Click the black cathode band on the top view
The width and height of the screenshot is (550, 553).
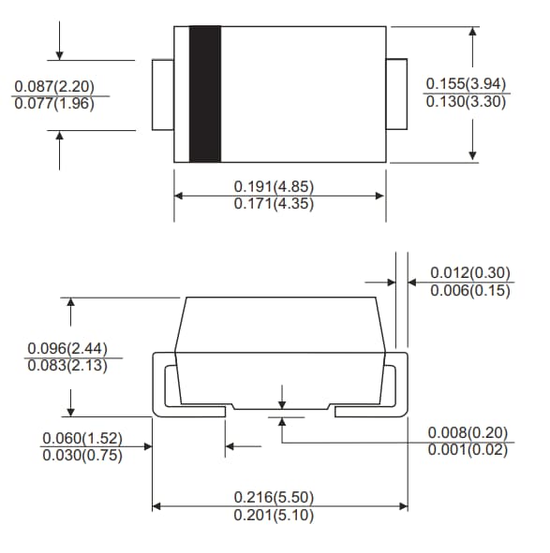(x=205, y=94)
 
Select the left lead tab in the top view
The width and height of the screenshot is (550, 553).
(x=163, y=95)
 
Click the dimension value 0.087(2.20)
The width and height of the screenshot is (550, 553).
(x=54, y=86)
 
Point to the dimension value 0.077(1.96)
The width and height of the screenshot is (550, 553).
(x=54, y=104)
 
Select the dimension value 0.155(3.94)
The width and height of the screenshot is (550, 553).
(x=466, y=83)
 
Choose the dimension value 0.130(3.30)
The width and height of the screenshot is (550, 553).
(x=466, y=101)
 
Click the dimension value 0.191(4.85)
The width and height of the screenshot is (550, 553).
(x=274, y=187)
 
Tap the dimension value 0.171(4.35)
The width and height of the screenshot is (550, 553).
(x=274, y=204)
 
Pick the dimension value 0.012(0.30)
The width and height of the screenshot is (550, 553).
(x=470, y=273)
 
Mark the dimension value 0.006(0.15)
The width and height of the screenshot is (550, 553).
(x=470, y=290)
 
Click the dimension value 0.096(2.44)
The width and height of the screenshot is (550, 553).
(x=67, y=348)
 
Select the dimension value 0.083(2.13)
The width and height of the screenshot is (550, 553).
(x=67, y=365)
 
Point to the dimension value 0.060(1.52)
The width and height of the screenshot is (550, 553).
(x=82, y=438)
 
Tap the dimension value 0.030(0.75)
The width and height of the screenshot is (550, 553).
(x=82, y=455)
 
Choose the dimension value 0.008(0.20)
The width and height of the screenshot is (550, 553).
(x=468, y=432)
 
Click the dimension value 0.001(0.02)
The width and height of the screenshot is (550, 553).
(x=468, y=449)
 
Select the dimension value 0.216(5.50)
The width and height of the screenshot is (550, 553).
(x=274, y=498)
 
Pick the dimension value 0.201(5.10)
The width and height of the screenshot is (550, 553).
(x=274, y=515)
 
